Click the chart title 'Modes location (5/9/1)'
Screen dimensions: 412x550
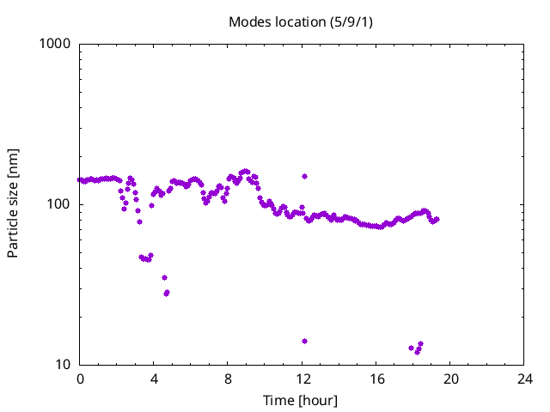point(300,21)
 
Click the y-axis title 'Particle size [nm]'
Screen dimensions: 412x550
point(13,204)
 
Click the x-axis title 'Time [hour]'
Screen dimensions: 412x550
point(300,401)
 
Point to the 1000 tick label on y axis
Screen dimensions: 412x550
point(55,44)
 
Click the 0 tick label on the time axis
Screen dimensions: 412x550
point(80,379)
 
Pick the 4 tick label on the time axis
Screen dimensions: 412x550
point(154,379)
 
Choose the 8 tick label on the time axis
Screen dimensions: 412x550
point(229,379)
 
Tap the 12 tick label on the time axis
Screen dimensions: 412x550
point(302,379)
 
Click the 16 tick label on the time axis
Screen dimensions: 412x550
point(376,379)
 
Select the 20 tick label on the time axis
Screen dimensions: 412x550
point(450,379)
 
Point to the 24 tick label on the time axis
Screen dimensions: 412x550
point(524,379)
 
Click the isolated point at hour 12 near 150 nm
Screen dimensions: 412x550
point(304,176)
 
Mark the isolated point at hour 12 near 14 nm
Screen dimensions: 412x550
point(304,341)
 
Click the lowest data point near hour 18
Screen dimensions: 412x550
point(418,351)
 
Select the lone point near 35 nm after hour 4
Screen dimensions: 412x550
point(164,277)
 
